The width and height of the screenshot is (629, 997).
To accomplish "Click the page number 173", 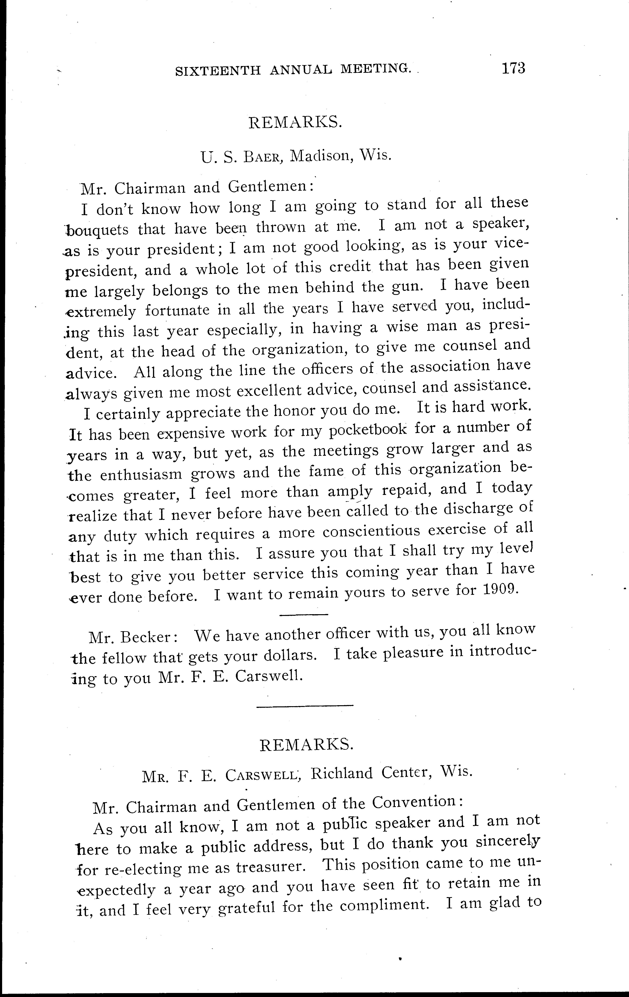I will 513,68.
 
